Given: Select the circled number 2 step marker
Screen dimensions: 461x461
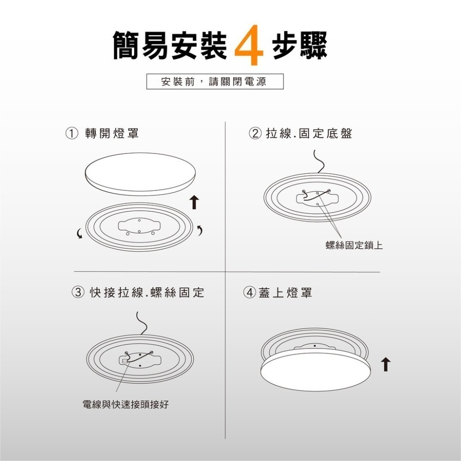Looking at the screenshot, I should coord(254,134).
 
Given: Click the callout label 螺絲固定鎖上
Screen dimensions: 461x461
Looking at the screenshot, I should coord(354,246).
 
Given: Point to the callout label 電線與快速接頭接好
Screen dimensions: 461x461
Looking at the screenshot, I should coord(125,405).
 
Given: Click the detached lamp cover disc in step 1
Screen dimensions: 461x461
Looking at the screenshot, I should coord(141,173).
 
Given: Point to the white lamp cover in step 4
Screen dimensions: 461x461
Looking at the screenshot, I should coord(316,371).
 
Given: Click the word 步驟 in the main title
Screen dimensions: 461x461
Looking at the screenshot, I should coord(299,46).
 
